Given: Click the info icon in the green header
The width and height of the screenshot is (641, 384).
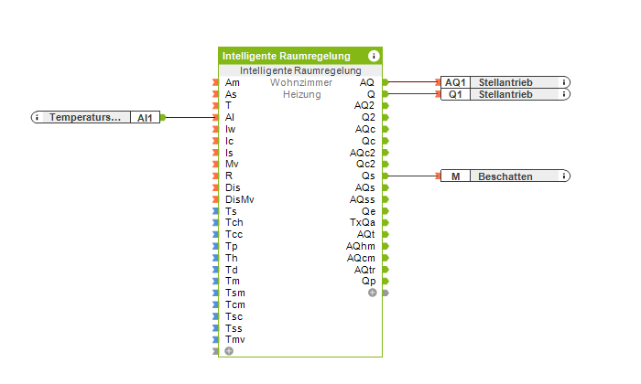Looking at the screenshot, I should click(x=374, y=56).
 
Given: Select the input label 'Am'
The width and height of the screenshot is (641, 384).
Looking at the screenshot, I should click(x=233, y=82).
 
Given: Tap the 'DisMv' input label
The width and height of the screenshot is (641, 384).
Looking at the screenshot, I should click(x=240, y=199).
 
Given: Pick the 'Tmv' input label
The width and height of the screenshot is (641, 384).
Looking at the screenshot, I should click(x=235, y=339).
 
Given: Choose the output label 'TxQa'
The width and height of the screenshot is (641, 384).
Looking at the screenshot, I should click(x=363, y=222).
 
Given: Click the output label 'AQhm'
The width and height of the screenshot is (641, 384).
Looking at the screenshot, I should click(x=361, y=246).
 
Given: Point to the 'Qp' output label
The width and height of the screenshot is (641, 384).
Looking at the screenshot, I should click(x=368, y=281).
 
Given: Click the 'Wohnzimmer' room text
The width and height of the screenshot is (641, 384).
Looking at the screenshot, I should click(x=301, y=82).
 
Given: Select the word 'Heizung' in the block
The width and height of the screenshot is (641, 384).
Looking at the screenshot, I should click(x=301, y=94).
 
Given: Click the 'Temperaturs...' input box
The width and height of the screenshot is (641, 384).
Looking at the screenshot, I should click(x=85, y=117).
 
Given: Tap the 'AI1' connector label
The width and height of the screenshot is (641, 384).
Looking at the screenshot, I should click(x=146, y=117).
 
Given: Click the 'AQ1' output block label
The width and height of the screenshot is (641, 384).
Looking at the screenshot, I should click(x=455, y=82).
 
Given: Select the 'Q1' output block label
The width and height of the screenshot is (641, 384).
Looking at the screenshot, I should click(x=455, y=94).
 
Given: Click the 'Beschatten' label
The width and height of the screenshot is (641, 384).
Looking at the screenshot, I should click(x=505, y=176).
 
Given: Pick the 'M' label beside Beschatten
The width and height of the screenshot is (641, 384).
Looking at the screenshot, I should click(x=455, y=176).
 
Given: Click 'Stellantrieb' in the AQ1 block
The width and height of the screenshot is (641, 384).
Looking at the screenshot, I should click(x=505, y=82).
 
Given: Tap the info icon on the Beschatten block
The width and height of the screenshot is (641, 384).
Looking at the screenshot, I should click(x=564, y=176).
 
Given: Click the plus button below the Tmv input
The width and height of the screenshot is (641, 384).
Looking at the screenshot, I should click(x=229, y=350).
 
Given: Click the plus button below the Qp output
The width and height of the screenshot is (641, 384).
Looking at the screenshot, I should click(x=372, y=293).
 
